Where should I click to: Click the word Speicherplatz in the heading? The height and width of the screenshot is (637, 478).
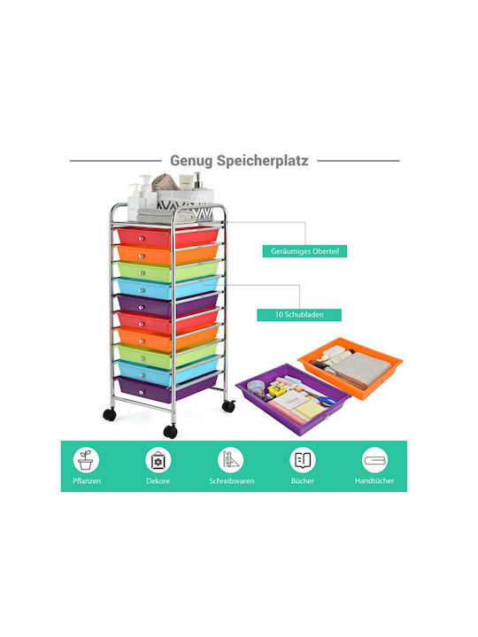(x=262, y=161)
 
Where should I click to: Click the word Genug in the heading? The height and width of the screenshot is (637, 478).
(x=191, y=161)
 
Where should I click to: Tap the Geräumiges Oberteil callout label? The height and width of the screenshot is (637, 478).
(x=305, y=251)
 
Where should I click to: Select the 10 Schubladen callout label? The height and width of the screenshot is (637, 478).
(x=299, y=314)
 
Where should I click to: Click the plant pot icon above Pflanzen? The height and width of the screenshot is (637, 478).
(x=86, y=460)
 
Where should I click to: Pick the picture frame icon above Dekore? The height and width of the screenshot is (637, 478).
(x=158, y=460)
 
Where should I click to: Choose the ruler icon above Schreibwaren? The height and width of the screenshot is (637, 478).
(x=230, y=460)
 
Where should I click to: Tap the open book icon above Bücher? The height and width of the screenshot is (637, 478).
(x=303, y=460)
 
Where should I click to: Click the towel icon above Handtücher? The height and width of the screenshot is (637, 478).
(x=374, y=460)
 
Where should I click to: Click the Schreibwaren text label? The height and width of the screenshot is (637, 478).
(x=232, y=480)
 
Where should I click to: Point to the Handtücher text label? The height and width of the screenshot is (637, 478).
(x=374, y=480)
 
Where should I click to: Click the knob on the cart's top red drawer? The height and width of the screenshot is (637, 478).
(x=141, y=239)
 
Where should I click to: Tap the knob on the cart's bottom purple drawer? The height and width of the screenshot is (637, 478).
(x=141, y=392)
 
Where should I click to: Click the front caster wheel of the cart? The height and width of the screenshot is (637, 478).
(x=170, y=432)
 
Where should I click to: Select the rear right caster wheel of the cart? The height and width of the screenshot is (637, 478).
(x=229, y=406)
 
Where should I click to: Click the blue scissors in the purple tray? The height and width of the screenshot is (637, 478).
(x=325, y=402)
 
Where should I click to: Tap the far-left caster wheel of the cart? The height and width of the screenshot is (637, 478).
(x=110, y=414)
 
